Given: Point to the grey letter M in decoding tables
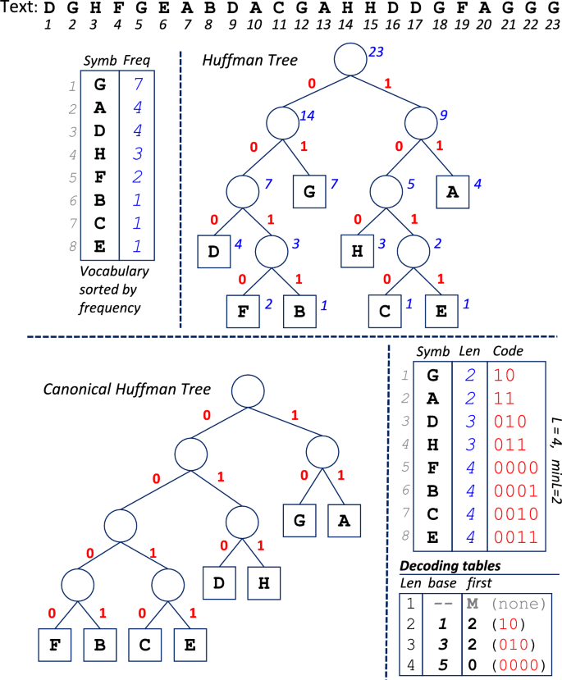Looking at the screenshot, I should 473,605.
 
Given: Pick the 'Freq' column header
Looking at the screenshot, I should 135,61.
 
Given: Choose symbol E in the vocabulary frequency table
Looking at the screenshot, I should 100,245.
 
